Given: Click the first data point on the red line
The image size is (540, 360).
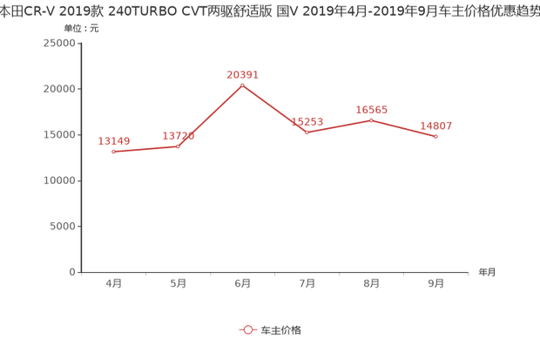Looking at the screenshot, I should (114, 152).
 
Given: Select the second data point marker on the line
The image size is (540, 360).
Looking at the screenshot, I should (179, 146).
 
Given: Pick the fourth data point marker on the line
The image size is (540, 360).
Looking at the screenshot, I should (307, 132).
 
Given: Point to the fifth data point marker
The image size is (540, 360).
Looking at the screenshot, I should (371, 119).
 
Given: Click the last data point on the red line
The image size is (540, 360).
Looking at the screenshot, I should (435, 137).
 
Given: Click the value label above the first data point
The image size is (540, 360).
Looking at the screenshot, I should (114, 139).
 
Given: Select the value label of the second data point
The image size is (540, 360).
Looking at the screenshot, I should (179, 134).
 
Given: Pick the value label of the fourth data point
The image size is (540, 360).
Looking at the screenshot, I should (307, 121).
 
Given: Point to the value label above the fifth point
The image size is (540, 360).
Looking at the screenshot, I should (372, 109).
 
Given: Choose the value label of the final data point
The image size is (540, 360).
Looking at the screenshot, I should (435, 126).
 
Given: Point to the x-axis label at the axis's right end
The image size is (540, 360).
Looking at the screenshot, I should (487, 272).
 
